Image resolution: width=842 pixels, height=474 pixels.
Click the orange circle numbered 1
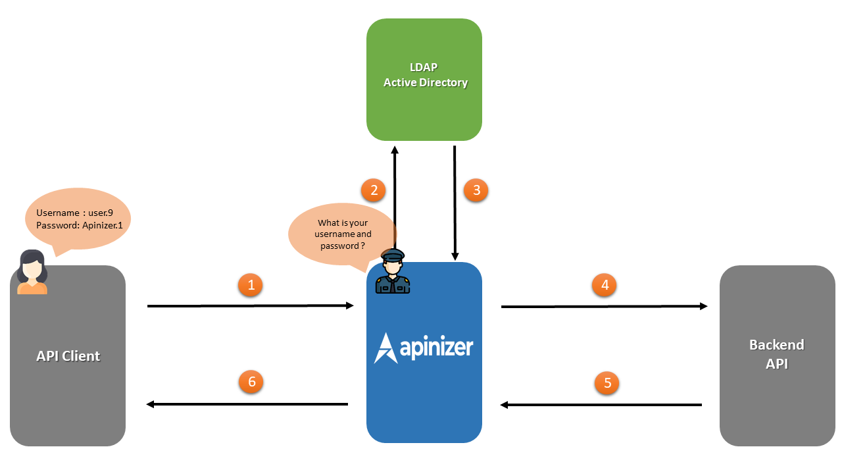tap(251, 285)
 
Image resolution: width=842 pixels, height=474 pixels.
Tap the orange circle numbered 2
tap(374, 190)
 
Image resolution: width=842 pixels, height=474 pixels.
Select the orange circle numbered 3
tap(476, 190)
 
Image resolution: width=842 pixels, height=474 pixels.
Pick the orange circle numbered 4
tap(605, 285)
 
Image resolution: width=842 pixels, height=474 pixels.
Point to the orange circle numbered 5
tap(607, 382)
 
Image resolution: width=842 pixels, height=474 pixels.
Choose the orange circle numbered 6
tap(251, 381)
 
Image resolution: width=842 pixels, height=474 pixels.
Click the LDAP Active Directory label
tap(425, 75)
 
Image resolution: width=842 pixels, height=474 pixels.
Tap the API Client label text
tap(68, 356)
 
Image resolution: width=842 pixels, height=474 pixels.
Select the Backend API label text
tap(776, 354)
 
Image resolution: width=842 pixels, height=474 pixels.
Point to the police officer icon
tap(392, 271)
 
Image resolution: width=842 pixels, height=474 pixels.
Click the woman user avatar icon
tap(32, 272)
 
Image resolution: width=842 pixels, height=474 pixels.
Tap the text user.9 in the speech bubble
tap(101, 213)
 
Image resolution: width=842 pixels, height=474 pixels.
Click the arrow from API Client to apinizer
tap(250, 305)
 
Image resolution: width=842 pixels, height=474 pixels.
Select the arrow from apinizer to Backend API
tap(604, 306)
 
